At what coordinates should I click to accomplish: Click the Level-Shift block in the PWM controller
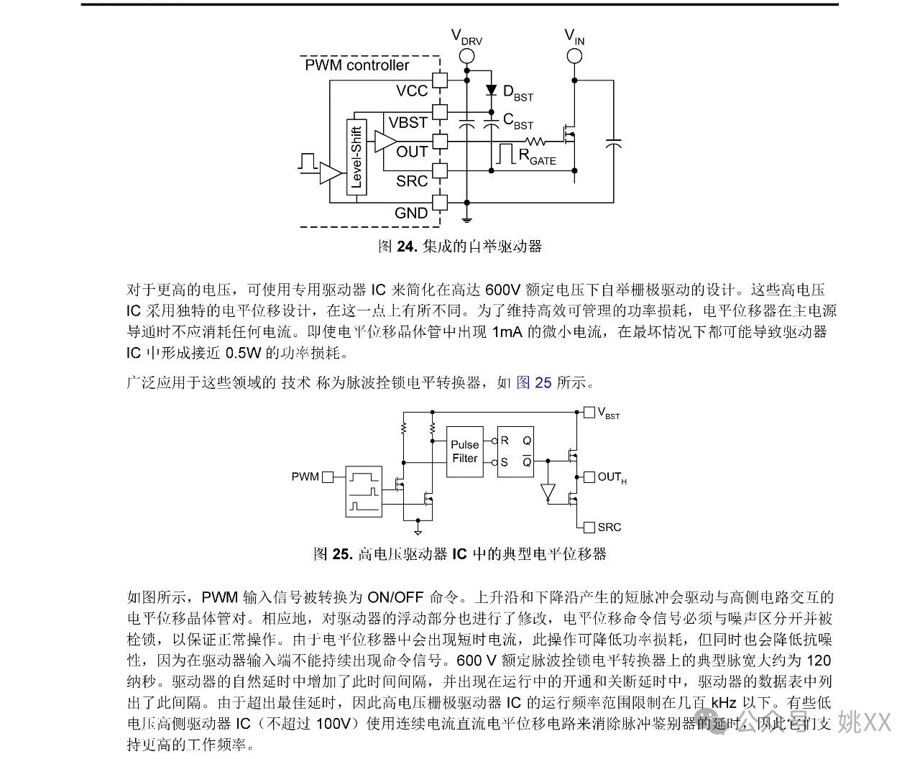(356, 157)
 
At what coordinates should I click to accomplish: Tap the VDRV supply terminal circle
(466, 56)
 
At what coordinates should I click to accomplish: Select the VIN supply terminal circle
(574, 56)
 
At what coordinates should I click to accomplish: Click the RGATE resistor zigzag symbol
(535, 142)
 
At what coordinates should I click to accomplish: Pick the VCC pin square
(440, 80)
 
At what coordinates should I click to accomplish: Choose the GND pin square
(440, 203)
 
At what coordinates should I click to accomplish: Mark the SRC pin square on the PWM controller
(440, 170)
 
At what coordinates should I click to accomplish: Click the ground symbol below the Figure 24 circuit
(466, 219)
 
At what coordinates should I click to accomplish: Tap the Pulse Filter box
(465, 452)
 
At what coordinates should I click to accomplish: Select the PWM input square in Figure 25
(328, 477)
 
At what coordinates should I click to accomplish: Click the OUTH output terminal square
(589, 477)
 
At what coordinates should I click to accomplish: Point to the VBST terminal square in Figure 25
(589, 413)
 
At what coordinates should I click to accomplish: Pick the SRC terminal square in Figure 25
(589, 527)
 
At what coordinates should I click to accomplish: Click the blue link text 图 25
(533, 382)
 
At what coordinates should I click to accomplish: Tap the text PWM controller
(357, 65)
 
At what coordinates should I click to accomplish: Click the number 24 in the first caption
(407, 247)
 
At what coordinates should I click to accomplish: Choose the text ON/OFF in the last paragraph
(395, 598)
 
